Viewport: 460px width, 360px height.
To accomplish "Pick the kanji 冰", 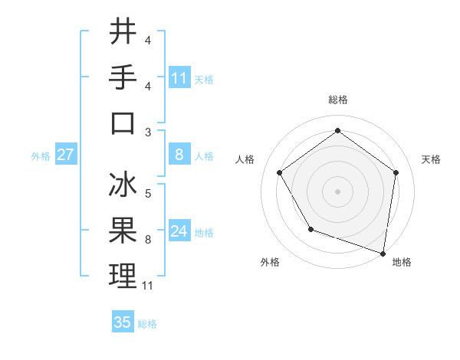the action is [123, 185].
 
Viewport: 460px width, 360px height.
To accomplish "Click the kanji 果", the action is [123, 231].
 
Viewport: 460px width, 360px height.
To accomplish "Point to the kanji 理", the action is [123, 276].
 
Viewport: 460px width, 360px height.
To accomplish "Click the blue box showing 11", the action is [179, 77].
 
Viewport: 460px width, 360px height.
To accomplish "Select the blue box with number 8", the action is [179, 155].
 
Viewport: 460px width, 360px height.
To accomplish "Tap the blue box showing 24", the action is [179, 231].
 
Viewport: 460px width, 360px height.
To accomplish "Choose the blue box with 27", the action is [65, 155].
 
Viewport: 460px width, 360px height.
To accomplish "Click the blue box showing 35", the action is [123, 322].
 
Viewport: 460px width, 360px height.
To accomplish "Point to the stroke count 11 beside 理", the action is [148, 286].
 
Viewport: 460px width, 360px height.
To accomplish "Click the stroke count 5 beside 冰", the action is [147, 195].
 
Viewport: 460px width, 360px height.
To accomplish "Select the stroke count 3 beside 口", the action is [147, 133].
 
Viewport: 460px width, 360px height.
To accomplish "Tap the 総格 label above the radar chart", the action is [337, 100].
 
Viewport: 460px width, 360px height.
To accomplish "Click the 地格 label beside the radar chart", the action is [402, 262].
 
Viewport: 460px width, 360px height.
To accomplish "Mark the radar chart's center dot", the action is [337, 191].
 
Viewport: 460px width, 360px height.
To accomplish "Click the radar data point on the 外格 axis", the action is [310, 229].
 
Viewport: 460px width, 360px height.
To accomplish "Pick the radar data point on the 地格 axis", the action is [383, 253].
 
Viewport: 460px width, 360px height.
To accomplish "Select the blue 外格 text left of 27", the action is [41, 155].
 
